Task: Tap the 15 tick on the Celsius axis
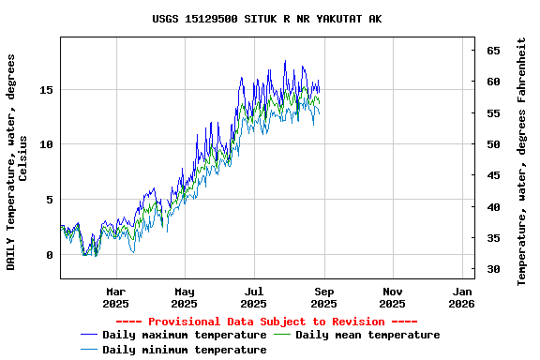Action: click(46, 90)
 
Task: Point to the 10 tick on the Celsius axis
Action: click(46, 144)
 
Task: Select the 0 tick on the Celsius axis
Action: click(50, 255)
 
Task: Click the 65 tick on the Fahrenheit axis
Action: click(492, 51)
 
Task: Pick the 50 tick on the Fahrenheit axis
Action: click(492, 144)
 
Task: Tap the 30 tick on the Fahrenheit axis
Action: click(492, 270)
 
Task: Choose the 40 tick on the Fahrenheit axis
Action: click(492, 207)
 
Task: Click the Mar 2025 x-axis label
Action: click(115, 297)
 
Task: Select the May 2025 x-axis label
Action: click(185, 297)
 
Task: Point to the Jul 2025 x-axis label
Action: click(254, 297)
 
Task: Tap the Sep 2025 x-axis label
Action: click(323, 297)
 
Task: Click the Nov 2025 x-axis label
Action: click(393, 297)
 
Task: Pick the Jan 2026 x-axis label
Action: click(461, 297)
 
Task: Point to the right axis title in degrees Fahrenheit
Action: click(521, 161)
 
